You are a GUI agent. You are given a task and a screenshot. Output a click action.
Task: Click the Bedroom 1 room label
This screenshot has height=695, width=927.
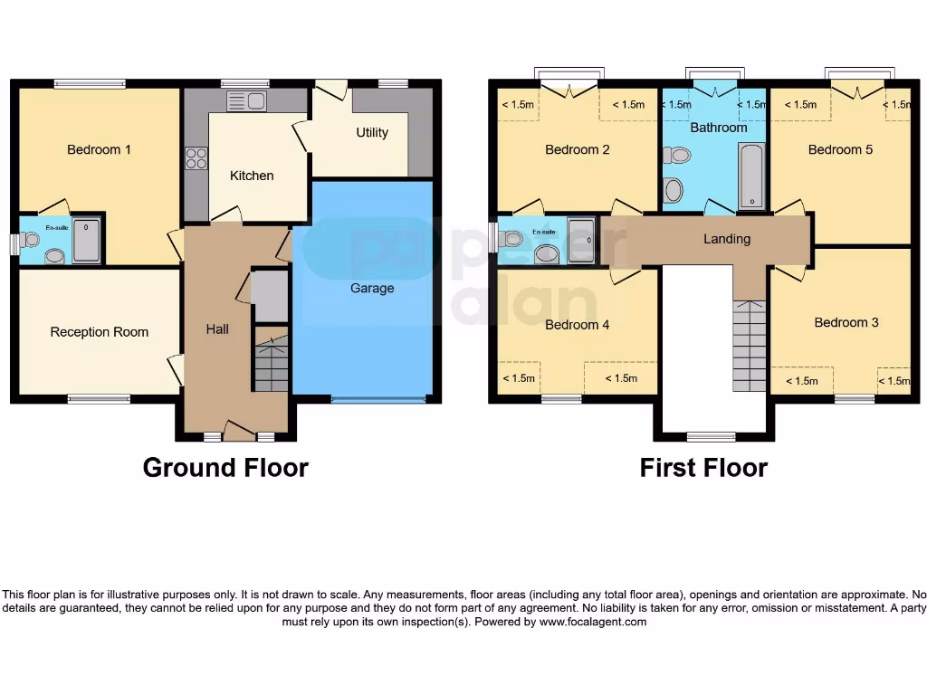(x=99, y=149)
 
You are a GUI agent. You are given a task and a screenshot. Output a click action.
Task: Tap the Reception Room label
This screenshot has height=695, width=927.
(x=99, y=332)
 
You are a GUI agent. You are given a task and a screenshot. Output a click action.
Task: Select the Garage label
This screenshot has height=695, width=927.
(x=372, y=288)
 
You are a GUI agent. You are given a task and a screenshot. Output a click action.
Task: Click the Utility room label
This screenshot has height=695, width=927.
(x=371, y=132)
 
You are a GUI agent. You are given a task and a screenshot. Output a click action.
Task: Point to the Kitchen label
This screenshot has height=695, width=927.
(x=252, y=176)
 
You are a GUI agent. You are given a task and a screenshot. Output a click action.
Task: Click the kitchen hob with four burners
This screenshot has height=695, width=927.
(x=196, y=158)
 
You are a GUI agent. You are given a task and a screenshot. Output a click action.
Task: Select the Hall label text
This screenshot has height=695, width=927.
(x=217, y=329)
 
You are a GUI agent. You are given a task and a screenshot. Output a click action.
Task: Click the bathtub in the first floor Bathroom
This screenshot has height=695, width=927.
(x=750, y=176)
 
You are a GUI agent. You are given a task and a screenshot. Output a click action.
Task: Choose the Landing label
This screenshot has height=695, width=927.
(x=727, y=239)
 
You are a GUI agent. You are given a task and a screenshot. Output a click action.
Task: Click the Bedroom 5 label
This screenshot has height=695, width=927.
(x=840, y=149)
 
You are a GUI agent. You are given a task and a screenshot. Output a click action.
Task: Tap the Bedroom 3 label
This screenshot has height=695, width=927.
(x=846, y=322)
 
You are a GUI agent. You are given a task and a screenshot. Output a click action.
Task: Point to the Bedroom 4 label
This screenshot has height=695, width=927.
(x=578, y=324)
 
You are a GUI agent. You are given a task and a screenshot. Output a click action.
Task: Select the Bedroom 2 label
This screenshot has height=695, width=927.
(x=578, y=149)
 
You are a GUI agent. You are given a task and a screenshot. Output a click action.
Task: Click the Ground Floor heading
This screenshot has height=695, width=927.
(x=225, y=468)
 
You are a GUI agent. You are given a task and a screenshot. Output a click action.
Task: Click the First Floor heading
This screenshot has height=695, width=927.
(x=703, y=468)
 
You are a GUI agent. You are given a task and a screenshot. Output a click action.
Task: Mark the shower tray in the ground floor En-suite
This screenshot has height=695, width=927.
(x=87, y=240)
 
